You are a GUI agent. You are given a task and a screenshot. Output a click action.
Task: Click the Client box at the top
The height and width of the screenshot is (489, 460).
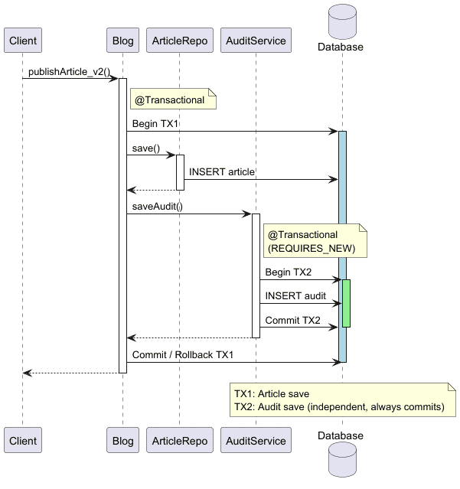click(21, 41)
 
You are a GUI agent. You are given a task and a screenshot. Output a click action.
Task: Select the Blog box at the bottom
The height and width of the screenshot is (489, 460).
click(122, 441)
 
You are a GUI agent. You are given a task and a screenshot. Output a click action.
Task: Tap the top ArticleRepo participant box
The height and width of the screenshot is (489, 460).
click(180, 41)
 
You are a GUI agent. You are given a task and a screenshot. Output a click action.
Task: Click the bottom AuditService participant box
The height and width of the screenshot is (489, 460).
click(256, 441)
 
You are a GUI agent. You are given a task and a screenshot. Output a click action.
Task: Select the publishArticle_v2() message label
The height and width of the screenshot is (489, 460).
click(70, 72)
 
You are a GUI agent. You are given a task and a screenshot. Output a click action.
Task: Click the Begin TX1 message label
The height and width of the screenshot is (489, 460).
click(155, 124)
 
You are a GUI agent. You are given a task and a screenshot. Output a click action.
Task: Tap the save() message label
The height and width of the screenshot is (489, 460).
click(146, 148)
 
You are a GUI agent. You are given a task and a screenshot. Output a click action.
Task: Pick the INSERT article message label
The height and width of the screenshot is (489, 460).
click(222, 173)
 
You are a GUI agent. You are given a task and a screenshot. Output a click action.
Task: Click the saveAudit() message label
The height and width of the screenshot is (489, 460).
click(158, 207)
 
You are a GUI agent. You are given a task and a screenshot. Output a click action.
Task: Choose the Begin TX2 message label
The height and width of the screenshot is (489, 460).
click(289, 272)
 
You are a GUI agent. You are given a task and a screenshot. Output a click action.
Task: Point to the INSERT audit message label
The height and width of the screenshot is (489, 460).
click(295, 296)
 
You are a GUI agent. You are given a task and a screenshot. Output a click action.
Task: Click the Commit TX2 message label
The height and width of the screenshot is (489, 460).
click(293, 321)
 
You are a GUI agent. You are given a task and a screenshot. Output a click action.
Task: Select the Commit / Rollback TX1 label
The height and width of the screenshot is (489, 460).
click(183, 355)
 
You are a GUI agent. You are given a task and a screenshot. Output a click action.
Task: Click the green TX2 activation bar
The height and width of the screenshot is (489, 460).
click(347, 303)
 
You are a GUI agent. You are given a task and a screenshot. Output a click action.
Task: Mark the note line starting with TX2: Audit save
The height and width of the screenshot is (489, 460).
click(339, 407)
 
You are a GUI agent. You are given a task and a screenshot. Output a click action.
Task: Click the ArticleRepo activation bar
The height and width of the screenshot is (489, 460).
click(181, 172)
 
